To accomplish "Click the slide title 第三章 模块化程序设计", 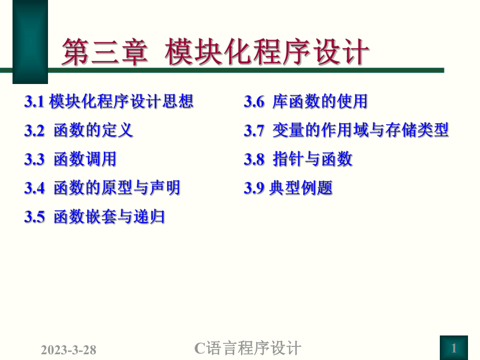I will point(215,53).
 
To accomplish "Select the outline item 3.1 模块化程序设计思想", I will point(109,101).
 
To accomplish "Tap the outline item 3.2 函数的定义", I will point(79,130).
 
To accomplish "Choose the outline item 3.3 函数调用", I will point(70,159).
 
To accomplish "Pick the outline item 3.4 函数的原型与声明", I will point(102,187).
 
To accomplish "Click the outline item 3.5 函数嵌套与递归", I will point(94,216).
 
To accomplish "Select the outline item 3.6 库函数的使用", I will point(306,101).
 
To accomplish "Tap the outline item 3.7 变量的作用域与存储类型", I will point(346,130).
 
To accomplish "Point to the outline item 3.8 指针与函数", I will point(298,159).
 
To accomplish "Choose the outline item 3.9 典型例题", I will point(288,187).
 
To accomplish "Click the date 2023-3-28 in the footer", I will point(68,349).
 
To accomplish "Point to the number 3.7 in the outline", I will point(254,130).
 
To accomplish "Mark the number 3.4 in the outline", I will point(34,188).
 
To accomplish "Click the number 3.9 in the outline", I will point(254,188).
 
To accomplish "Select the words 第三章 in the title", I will point(104,53).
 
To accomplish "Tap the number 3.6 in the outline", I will point(254,102).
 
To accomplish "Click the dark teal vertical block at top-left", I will point(30,42).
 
